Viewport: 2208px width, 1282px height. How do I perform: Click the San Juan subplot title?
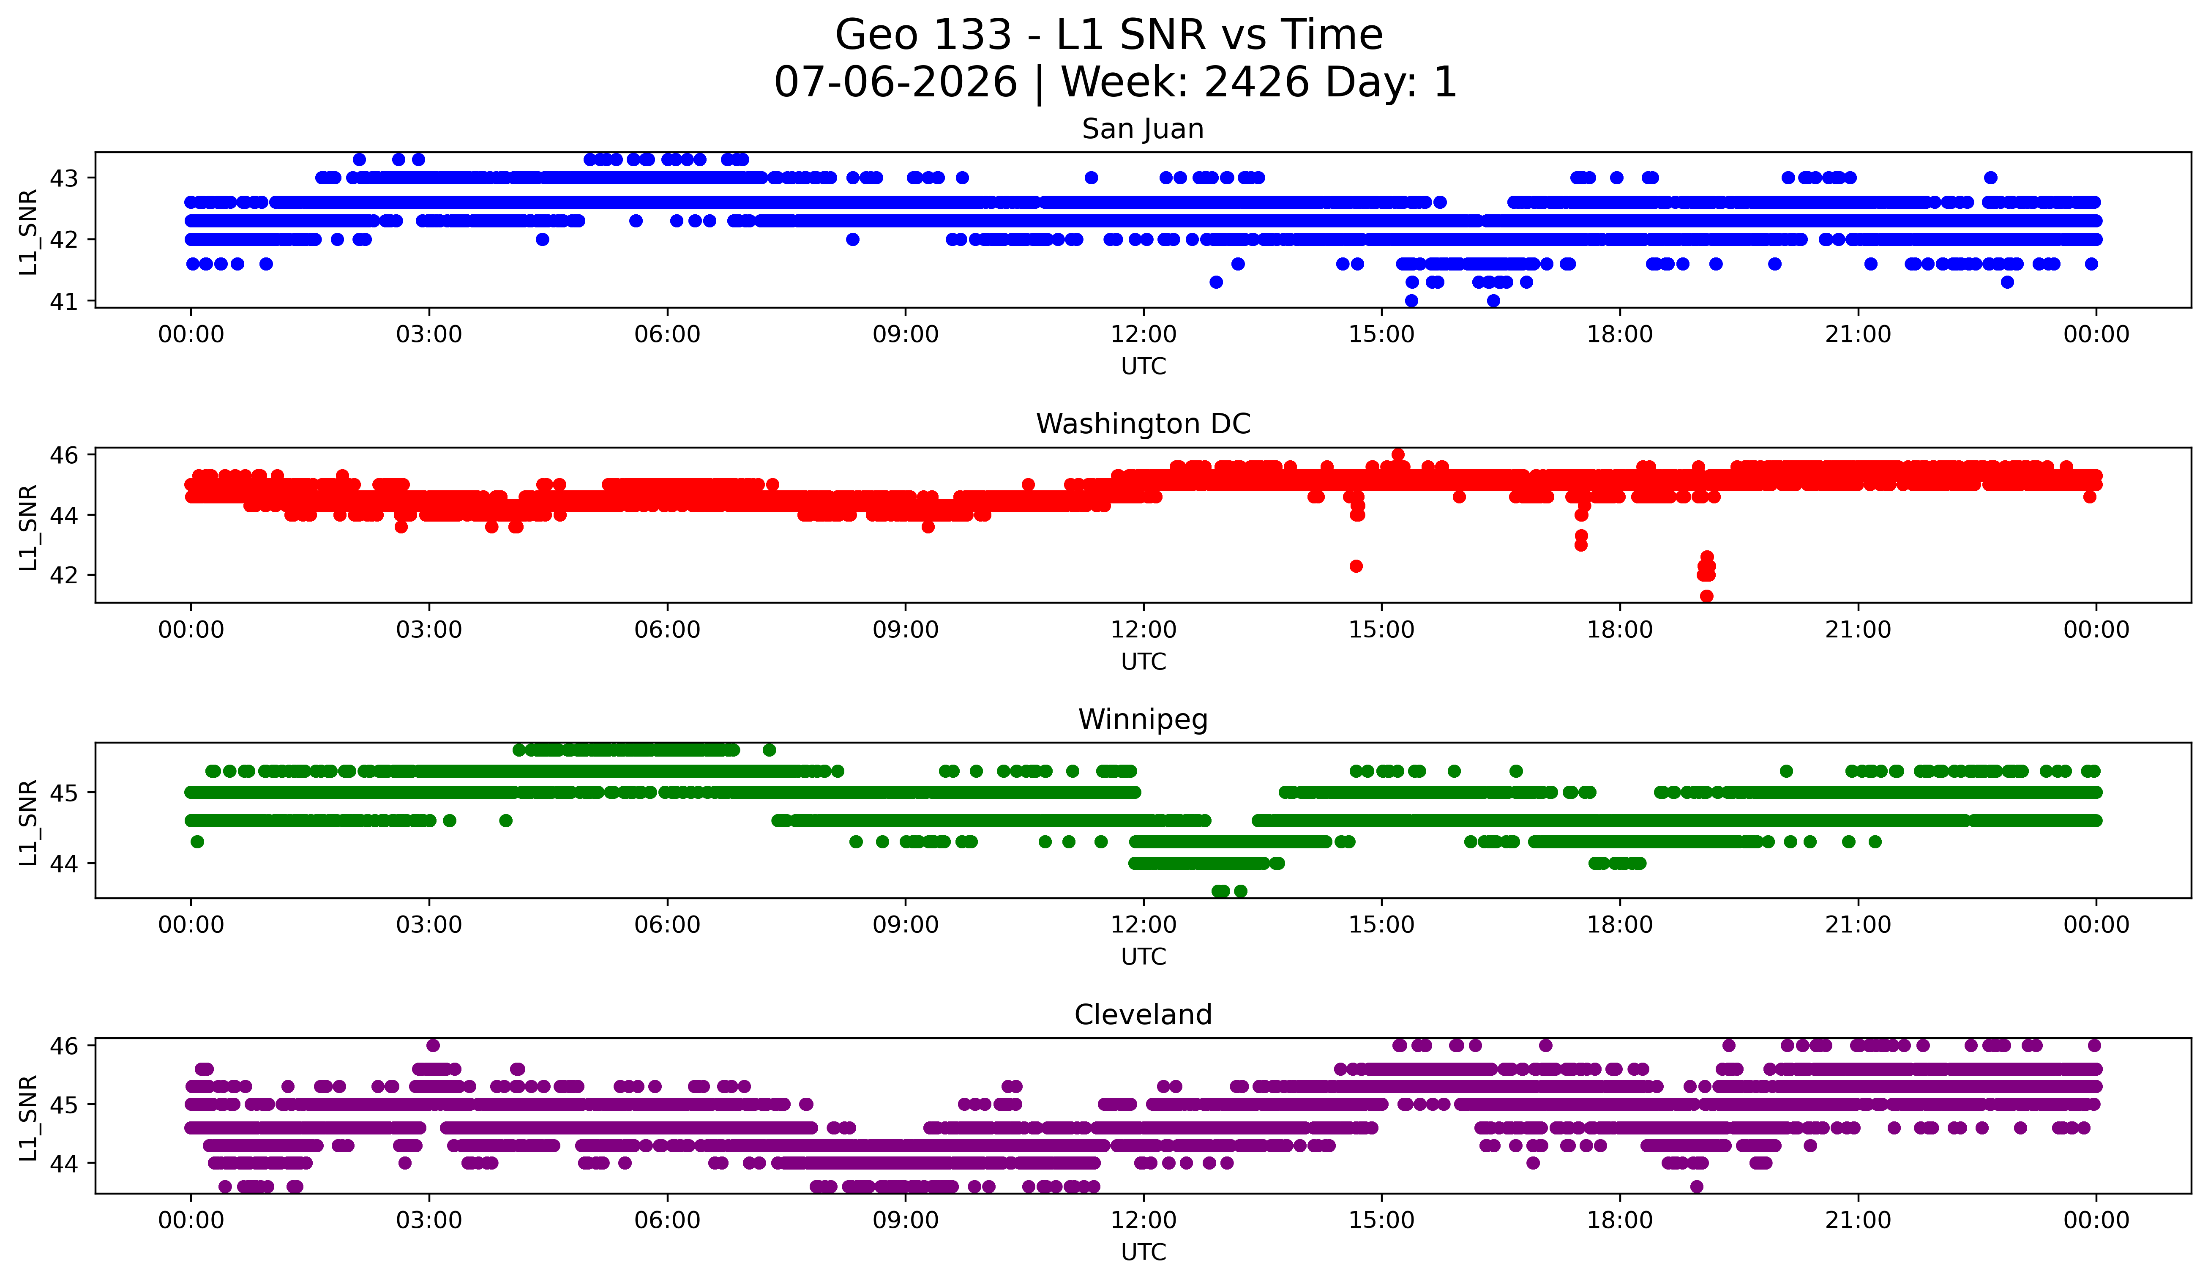tap(1143, 129)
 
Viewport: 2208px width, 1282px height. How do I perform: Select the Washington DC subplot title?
tap(1143, 424)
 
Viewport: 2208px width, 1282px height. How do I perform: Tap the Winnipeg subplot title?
tap(1143, 719)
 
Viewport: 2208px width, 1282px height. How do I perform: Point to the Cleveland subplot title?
tap(1143, 1015)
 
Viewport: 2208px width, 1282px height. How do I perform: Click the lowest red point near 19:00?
tap(1706, 596)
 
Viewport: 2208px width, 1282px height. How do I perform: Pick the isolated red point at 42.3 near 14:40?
tap(1356, 566)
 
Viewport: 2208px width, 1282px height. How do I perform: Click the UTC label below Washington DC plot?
tap(1144, 662)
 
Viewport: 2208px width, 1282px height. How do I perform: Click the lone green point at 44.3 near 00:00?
tap(197, 841)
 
